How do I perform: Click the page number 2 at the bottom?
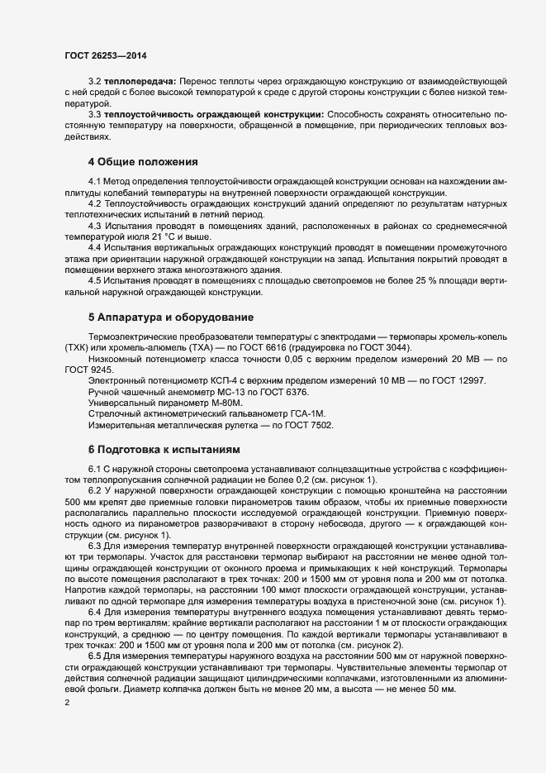[x=67, y=704]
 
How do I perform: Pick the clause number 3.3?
[x=94, y=112]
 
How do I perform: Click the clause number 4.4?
[x=94, y=247]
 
